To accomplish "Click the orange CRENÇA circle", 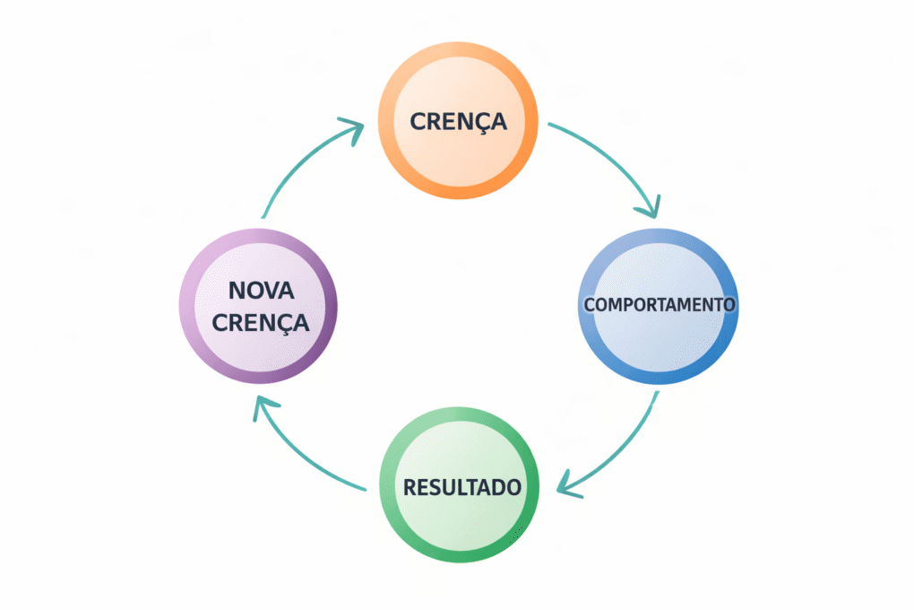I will click(459, 157).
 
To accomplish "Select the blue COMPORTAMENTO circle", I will click(660, 341).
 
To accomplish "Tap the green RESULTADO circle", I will click(460, 520).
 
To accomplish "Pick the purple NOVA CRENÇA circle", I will click(258, 341).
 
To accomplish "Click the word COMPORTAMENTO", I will click(660, 304).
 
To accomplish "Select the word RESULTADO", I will click(461, 488).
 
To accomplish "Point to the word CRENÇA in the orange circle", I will click(458, 121).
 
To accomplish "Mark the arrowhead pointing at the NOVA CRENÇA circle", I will click(261, 408).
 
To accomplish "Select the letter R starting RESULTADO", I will click(410, 488).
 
